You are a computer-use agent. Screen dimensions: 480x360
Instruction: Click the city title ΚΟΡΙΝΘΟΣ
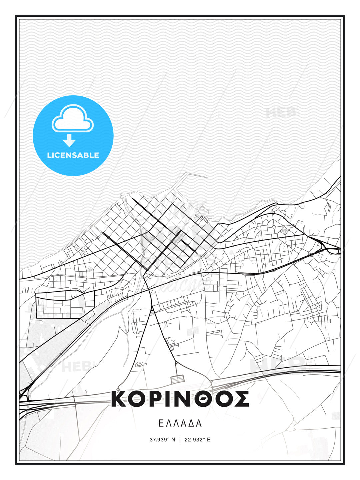(180, 399)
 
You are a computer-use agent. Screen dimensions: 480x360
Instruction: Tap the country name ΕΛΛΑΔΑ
(180, 423)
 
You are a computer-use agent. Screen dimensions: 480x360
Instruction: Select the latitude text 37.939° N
(162, 440)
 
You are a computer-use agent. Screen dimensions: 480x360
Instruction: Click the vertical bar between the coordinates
(180, 440)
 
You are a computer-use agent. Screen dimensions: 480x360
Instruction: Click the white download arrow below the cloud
(69, 141)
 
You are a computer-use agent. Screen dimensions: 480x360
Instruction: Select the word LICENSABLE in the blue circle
(73, 155)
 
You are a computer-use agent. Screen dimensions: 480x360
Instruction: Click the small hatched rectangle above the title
(177, 379)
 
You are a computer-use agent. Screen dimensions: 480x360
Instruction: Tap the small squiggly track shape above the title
(140, 364)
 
